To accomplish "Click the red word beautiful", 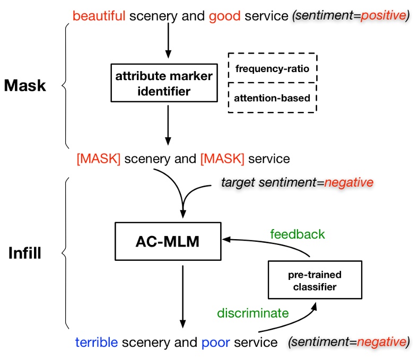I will tap(99, 16).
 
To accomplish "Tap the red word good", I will tap(225, 16).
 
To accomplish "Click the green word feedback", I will tap(298, 234).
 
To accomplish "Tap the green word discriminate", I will tap(253, 313).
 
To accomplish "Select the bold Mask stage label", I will tap(25, 86).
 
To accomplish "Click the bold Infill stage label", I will tap(25, 253).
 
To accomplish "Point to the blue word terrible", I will tap(96, 343).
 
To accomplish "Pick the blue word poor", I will tap(215, 343).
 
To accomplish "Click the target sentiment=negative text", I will tap(297, 183).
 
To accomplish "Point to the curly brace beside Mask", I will tap(65, 85).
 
